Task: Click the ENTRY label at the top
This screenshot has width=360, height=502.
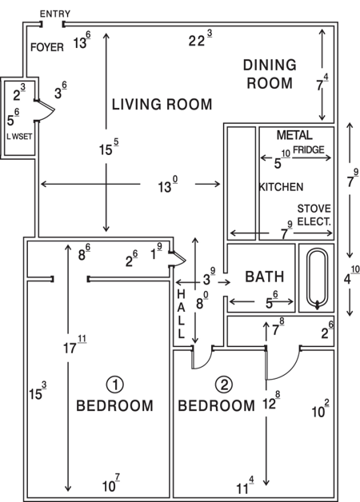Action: click(x=54, y=14)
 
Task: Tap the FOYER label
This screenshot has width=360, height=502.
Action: click(x=46, y=47)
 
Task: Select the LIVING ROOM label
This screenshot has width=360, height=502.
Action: click(x=162, y=105)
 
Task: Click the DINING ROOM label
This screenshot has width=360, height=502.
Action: click(x=270, y=74)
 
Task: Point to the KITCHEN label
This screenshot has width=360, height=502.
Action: click(x=281, y=187)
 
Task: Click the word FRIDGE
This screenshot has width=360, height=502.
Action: click(x=309, y=149)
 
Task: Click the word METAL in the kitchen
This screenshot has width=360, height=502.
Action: click(x=294, y=136)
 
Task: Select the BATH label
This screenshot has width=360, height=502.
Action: click(x=264, y=277)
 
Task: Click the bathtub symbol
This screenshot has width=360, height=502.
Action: click(x=318, y=279)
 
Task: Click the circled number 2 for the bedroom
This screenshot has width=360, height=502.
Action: click(x=225, y=384)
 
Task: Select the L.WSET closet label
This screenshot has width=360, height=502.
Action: click(x=17, y=137)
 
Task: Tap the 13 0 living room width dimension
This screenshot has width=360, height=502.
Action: click(x=166, y=187)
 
